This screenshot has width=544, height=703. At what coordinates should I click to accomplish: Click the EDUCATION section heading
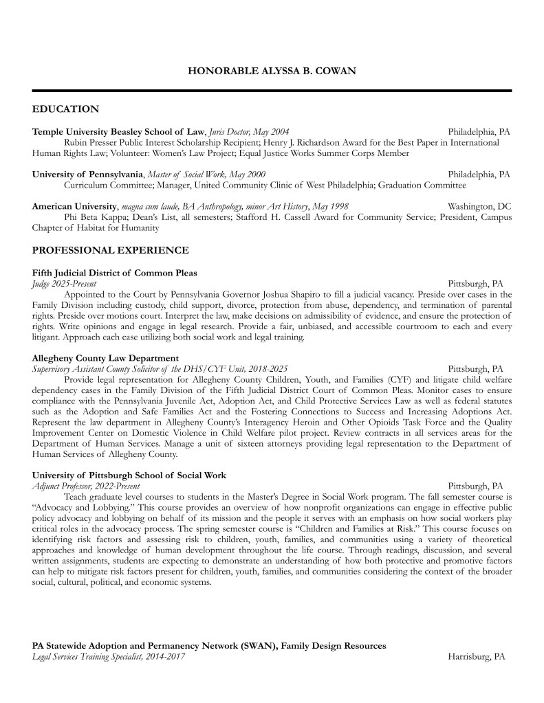coord(65,109)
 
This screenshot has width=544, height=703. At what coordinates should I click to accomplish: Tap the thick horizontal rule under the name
coord(272,91)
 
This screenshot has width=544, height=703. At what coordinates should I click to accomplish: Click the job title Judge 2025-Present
coord(64,283)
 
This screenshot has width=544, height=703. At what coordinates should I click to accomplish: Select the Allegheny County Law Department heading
coord(105,358)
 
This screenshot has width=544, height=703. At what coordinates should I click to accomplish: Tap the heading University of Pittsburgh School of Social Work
coord(129,475)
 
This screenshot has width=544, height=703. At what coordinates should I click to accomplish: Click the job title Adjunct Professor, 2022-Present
coord(82,485)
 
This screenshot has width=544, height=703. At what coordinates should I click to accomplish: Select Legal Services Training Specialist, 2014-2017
coord(108,657)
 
